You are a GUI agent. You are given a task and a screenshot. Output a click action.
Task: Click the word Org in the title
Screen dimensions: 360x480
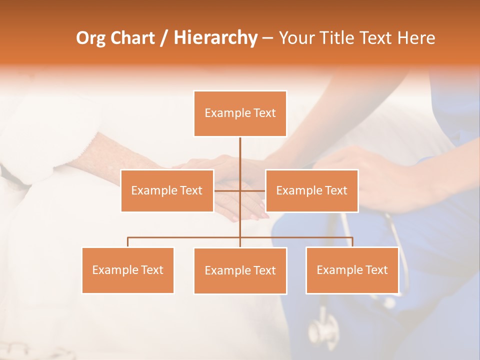point(90,38)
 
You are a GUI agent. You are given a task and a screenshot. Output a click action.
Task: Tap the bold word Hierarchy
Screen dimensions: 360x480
point(215,38)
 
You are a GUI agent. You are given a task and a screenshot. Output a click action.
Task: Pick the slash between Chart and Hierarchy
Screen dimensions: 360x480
point(164,38)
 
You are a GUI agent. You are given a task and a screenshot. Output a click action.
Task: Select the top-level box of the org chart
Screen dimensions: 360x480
point(240,113)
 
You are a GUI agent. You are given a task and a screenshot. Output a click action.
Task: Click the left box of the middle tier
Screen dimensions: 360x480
point(167,190)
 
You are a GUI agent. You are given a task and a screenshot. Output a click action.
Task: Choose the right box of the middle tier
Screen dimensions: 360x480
point(311,190)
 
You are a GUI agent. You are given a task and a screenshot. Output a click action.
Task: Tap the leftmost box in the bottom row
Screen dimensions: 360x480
point(127,270)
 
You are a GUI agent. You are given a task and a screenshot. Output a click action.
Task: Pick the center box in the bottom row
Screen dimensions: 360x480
point(240,270)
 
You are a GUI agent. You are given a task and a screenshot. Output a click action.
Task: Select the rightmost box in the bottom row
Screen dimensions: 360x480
point(352,270)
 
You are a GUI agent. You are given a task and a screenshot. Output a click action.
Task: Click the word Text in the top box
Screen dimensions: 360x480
point(264,113)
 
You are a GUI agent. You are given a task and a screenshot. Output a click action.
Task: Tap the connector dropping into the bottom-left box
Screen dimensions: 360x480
point(128,242)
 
